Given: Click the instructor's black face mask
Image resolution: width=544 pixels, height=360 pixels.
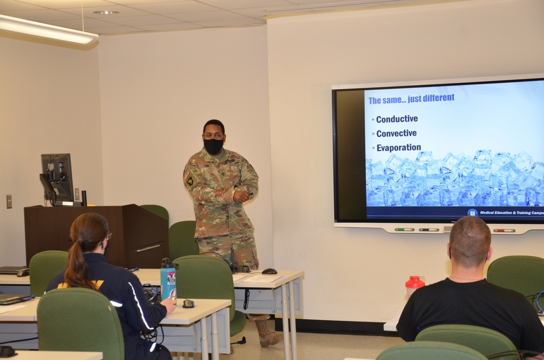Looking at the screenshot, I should pos(213,146).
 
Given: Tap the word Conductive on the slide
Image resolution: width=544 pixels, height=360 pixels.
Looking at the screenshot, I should pos(397,119).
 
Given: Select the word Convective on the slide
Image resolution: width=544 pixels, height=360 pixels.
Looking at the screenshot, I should pos(396,133).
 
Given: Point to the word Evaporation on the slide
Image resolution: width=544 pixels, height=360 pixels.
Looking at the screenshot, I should pos(398,147).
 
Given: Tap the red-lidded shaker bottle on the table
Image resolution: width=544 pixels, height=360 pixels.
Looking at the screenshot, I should pos(415,287).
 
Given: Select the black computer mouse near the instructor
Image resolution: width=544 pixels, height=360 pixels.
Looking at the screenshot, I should pos(269,271).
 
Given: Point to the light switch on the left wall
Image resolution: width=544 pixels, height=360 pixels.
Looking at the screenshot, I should pos(9,201).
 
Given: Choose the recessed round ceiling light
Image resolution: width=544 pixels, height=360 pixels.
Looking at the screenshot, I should pos(106,12).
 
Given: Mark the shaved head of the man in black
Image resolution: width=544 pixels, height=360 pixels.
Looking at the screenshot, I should pos(469,240).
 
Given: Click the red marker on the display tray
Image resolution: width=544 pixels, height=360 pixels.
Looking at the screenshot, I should pos(504,230).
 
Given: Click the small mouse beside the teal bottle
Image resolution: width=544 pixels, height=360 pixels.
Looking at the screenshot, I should pos(188,303).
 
